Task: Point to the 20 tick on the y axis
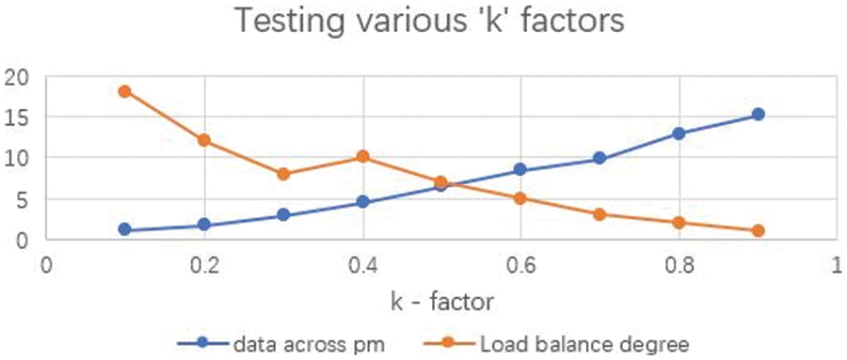[x=18, y=77]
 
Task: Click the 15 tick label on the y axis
[x=18, y=117]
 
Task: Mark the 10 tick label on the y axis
[x=18, y=158]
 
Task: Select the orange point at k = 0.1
[x=125, y=91]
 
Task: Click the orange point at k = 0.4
[x=362, y=157]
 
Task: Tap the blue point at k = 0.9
[x=758, y=115]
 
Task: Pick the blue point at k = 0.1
[x=125, y=229]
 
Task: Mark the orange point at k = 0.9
[x=758, y=230]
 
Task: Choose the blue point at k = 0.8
[x=678, y=133]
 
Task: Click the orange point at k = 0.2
[x=204, y=140]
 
